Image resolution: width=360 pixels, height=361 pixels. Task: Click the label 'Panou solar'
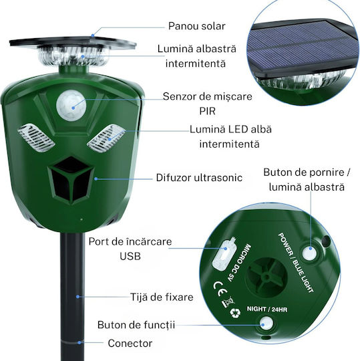196,26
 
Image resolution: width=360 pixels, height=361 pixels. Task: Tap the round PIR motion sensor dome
71,105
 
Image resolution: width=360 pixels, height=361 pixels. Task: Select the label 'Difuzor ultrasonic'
199,178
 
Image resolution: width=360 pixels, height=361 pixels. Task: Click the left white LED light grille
36,138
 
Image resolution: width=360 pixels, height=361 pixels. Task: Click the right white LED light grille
106,138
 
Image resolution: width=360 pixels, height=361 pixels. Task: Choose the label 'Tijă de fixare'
162,297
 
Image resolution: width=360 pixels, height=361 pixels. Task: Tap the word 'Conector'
130,343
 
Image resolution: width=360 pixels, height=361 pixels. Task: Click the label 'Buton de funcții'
136,325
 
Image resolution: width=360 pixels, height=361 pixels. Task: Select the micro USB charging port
223,255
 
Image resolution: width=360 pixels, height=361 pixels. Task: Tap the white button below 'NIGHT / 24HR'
266,322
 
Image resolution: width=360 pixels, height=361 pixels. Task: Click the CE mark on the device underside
220,289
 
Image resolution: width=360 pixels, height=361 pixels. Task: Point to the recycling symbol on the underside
235,313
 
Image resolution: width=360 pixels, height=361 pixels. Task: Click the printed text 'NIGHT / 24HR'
267,309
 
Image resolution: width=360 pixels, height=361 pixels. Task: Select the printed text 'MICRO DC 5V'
239,263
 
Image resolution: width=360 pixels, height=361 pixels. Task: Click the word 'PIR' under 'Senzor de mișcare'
208,111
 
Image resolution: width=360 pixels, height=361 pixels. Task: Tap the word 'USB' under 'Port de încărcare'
130,256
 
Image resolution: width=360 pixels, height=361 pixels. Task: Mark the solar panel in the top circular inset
303,48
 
